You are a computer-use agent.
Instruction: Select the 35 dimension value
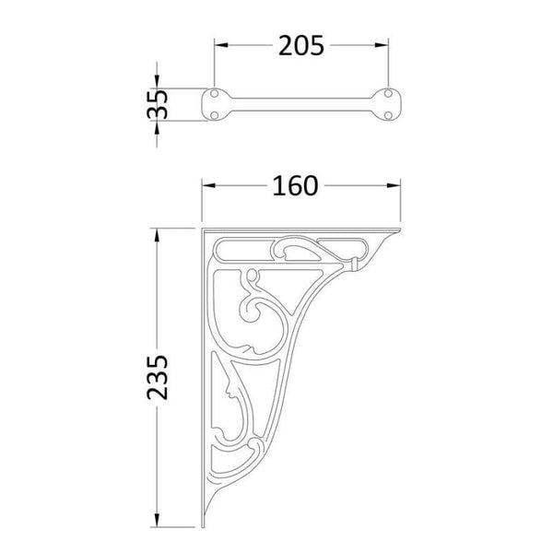point(159,104)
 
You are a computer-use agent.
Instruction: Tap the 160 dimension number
point(294,185)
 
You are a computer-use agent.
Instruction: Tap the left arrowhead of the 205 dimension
point(219,45)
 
